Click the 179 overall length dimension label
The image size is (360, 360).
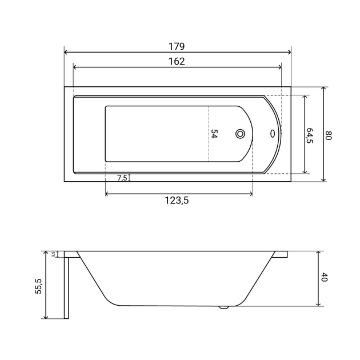click(177, 46)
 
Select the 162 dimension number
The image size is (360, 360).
click(177, 61)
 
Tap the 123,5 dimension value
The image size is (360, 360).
click(177, 201)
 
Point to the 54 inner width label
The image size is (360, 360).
click(214, 134)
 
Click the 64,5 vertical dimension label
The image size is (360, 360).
click(310, 135)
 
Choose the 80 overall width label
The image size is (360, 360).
click(329, 135)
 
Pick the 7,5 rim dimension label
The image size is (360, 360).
click(122, 178)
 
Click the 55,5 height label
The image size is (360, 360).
click(38, 286)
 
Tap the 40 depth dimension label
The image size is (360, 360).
click(324, 277)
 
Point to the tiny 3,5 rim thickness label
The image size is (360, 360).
click(53, 254)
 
